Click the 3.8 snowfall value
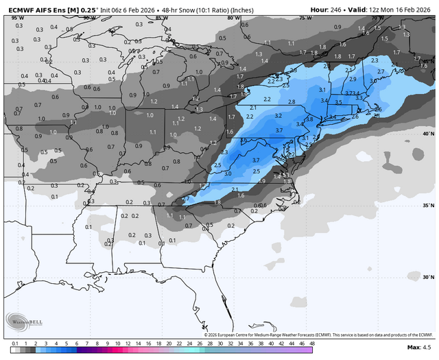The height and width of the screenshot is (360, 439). pos(309,119)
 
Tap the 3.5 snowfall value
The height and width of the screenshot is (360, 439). pos(337,102)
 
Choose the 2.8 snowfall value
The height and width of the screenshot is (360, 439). pos(292,102)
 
